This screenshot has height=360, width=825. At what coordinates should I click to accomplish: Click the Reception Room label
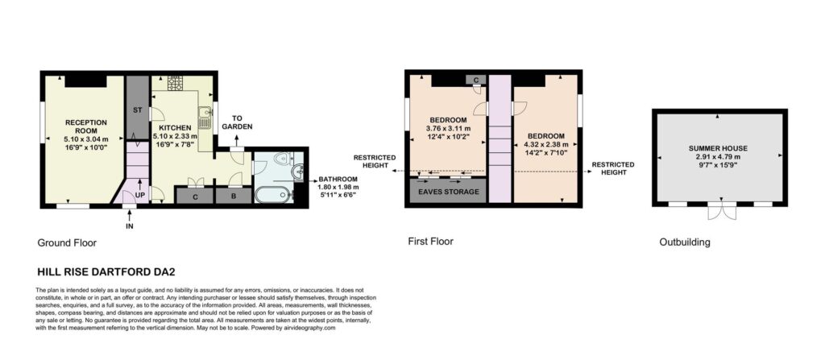click(85, 126)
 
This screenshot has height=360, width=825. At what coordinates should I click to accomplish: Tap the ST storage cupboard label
click(138, 110)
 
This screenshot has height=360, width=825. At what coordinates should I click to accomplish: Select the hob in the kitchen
click(175, 83)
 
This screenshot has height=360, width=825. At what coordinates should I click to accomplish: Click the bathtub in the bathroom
click(272, 194)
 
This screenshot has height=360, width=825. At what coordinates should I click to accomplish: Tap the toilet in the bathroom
click(284, 156)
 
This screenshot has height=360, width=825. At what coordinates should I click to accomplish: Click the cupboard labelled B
click(234, 197)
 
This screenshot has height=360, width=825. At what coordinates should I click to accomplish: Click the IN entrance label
click(130, 227)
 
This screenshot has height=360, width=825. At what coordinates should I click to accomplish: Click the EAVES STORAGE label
click(448, 192)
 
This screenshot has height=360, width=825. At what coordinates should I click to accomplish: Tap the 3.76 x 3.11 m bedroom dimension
click(448, 128)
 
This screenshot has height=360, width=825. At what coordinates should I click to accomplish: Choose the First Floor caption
click(430, 242)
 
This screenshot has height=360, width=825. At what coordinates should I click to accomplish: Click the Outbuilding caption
click(685, 242)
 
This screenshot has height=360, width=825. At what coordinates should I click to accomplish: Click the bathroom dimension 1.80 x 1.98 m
click(338, 186)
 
